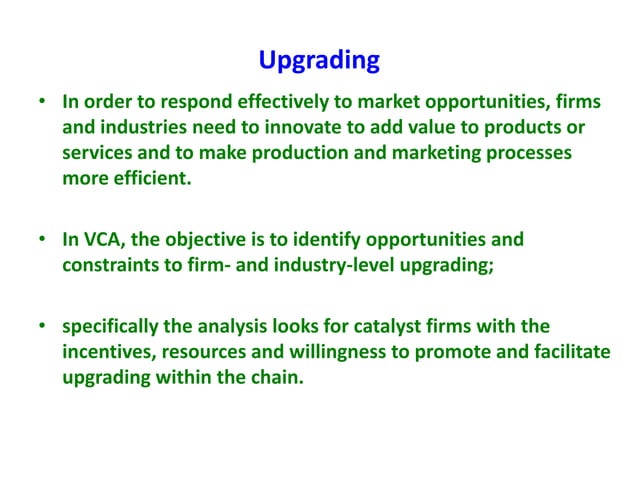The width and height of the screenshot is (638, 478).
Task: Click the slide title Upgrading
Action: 319,61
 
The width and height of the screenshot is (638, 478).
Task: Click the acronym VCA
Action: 104,240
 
